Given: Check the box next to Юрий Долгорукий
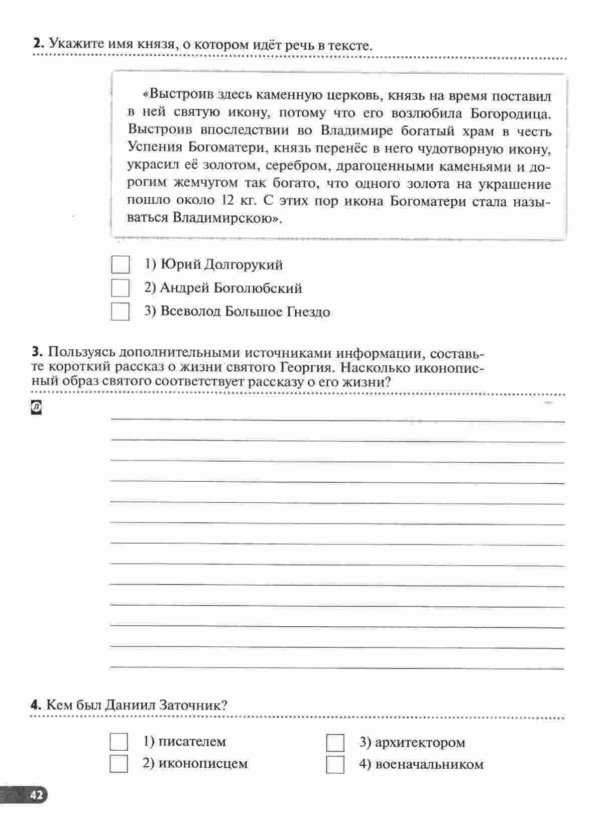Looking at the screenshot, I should (120, 264).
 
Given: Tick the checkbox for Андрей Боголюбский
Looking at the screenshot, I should (120, 288).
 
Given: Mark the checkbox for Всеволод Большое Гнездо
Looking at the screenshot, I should (120, 311).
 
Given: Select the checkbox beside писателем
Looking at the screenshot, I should (118, 742).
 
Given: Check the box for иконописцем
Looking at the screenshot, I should (118, 764).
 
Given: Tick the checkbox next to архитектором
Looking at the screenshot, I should (335, 742).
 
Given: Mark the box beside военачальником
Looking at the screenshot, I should (335, 764).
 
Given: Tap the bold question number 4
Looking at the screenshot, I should (36, 705).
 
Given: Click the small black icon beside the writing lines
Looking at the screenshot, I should (36, 408).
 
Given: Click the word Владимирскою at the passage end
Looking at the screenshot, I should (225, 218).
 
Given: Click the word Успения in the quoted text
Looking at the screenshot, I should (154, 148).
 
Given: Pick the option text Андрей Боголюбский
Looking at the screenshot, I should (231, 288).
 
